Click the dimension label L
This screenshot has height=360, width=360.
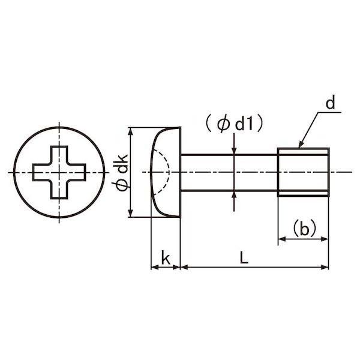(244, 257)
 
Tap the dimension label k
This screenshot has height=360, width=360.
(166, 257)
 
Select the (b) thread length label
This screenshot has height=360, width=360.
(304, 228)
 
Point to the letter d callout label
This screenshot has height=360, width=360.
(331, 103)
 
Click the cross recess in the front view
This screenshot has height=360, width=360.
(59, 172)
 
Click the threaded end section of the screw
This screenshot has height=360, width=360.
(303, 172)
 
